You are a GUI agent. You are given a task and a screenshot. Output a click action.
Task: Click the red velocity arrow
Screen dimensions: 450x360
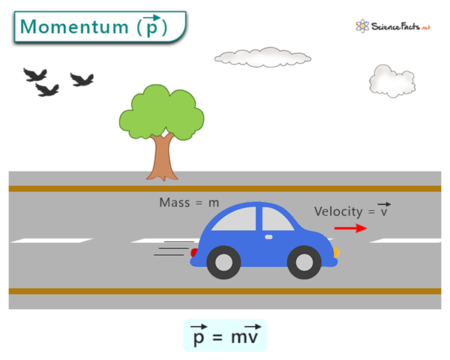point(351,228)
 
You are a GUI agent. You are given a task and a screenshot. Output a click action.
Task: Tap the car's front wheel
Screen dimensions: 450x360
point(304,262)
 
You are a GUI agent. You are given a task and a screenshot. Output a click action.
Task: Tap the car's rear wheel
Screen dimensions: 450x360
point(223,262)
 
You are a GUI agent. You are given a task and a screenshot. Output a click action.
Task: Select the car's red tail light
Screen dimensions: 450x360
point(194,253)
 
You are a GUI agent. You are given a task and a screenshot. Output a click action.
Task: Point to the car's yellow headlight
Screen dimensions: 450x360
point(336,252)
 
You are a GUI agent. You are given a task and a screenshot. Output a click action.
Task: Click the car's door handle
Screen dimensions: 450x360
point(268,237)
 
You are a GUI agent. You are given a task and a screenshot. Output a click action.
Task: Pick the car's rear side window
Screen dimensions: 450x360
point(235,220)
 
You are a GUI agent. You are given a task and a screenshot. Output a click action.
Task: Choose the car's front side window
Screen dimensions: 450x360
point(277,220)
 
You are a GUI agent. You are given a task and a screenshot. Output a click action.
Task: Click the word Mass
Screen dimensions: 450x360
point(175,202)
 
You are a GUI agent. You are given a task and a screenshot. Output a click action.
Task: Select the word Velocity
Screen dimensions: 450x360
point(338,211)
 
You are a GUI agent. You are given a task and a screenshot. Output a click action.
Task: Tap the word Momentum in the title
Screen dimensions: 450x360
point(74,27)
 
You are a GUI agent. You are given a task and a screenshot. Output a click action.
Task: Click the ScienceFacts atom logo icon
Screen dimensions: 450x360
point(362,26)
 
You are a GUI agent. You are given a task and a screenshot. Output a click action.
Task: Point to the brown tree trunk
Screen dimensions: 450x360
point(163,158)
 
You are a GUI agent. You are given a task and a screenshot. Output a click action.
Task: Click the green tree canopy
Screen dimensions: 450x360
point(161,112)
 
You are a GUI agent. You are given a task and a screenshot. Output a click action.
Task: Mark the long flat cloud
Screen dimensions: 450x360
point(262,58)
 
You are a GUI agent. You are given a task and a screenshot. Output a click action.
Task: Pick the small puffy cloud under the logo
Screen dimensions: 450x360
point(392,81)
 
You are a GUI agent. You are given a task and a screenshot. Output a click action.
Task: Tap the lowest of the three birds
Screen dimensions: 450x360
point(47,90)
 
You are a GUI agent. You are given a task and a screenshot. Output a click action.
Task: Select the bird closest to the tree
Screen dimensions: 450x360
point(82,79)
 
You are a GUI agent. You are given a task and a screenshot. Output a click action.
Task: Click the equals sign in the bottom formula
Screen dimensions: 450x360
point(217,337)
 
